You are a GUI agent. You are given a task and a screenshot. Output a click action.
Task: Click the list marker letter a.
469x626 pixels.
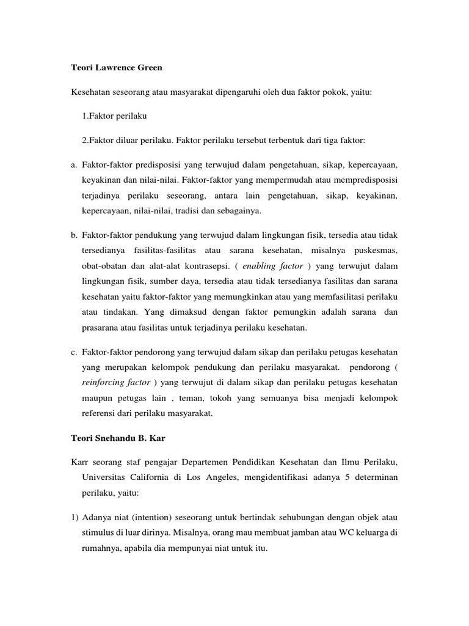point(74,165)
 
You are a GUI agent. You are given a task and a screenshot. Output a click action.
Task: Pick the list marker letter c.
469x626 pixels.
point(74,353)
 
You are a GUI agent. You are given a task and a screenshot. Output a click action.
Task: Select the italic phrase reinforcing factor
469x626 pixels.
point(114,383)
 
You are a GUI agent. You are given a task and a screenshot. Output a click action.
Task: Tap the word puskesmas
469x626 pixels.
point(376,251)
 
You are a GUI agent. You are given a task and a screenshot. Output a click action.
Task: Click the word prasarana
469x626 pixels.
point(100,328)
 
